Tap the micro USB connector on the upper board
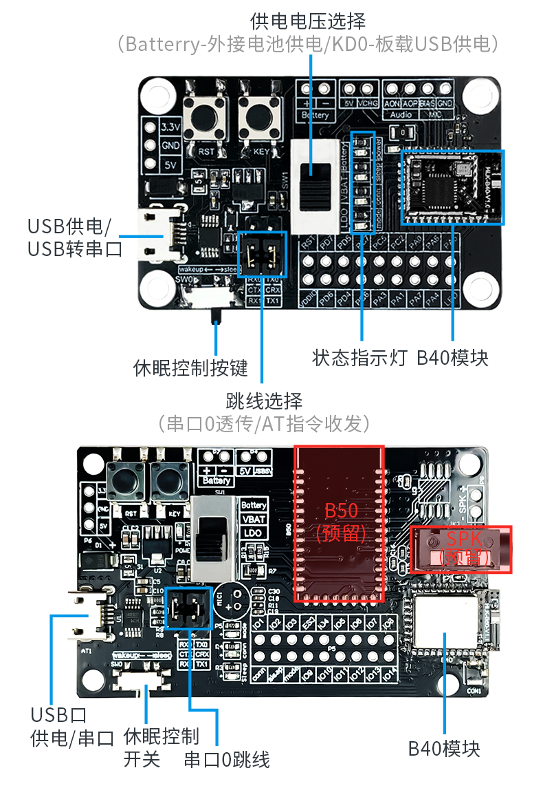(159, 235)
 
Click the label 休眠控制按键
(190, 368)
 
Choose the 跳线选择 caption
(264, 400)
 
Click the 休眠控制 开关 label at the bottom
(161, 747)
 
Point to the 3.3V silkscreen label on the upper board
(170, 127)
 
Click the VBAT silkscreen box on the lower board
(254, 520)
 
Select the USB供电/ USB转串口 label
(75, 236)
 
